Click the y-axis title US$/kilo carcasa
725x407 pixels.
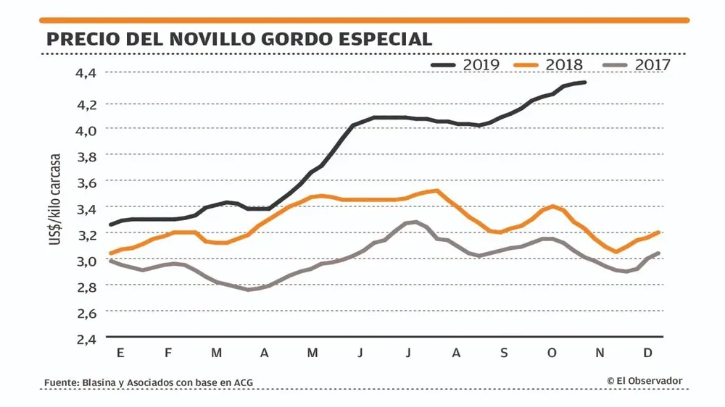click(x=55, y=198)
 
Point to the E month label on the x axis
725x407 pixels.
click(x=120, y=353)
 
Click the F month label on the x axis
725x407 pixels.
click(x=168, y=353)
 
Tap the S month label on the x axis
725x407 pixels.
click(x=504, y=353)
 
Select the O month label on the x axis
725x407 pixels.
click(x=552, y=353)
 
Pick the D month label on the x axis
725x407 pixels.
click(x=648, y=353)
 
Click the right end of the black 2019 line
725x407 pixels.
click(x=585, y=83)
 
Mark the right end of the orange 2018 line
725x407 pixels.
click(x=658, y=232)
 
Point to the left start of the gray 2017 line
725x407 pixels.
click(x=111, y=261)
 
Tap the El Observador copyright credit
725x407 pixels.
click(x=645, y=381)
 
